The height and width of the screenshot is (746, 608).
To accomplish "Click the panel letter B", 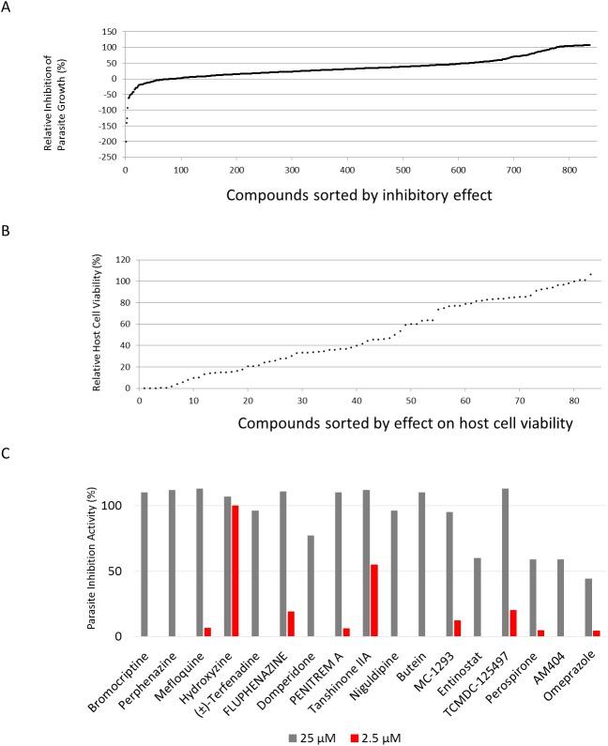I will (8, 221).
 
